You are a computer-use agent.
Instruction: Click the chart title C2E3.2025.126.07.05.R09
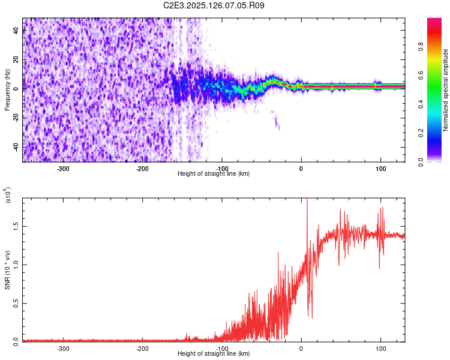[214, 5]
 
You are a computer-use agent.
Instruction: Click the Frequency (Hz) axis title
[7, 90]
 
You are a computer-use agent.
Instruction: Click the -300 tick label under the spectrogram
[64, 168]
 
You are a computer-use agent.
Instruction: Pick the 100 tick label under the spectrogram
[380, 168]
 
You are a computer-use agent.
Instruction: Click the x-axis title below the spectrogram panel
[214, 174]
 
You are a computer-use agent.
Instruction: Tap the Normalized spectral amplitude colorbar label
[446, 90]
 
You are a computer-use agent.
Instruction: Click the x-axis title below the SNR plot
[214, 354]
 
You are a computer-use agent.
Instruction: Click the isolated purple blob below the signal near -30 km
[277, 123]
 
